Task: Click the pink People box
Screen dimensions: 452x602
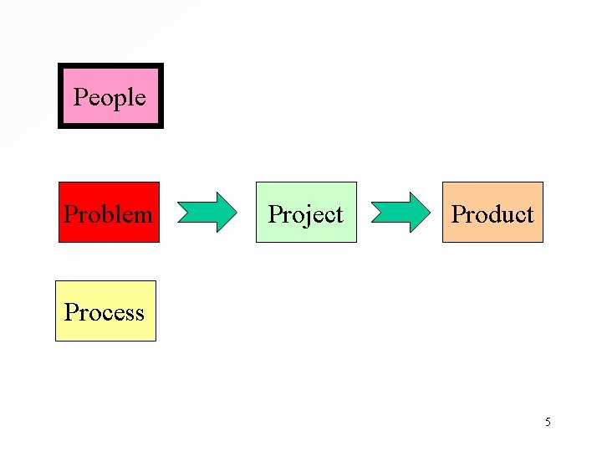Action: [110, 96]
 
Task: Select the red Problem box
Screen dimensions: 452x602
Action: [109, 213]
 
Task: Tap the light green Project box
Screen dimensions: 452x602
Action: [306, 213]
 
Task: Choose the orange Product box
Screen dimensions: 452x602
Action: [492, 213]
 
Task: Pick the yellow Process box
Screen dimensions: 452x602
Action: [105, 311]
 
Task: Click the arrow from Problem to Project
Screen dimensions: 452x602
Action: [208, 213]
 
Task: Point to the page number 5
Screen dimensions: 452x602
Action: [548, 422]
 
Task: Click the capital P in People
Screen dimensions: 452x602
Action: [80, 97]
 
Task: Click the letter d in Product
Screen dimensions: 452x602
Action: [492, 214]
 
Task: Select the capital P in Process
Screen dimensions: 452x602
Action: [71, 312]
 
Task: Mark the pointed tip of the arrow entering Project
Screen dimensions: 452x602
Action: [236, 213]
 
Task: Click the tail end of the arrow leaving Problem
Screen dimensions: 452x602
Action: [181, 213]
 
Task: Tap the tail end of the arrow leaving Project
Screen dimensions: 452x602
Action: [373, 213]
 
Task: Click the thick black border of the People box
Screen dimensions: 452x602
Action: [60, 96]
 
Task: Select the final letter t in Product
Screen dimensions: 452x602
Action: [529, 215]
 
